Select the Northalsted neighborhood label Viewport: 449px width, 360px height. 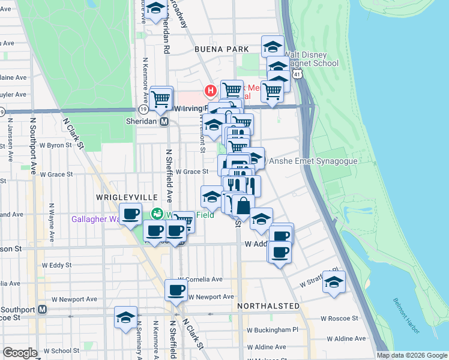click(x=268, y=306)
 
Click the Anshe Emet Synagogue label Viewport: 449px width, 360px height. click(x=313, y=161)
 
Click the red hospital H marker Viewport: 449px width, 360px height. click(x=211, y=91)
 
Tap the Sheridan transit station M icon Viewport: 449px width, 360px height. click(x=163, y=121)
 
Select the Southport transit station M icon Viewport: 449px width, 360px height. click(x=42, y=310)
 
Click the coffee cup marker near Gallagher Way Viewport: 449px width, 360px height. click(x=130, y=214)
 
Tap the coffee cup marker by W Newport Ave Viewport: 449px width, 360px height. click(x=176, y=290)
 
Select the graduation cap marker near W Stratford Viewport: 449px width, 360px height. click(x=334, y=282)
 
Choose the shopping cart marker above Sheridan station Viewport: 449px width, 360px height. click(x=161, y=98)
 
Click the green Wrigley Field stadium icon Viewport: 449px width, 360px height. click(x=157, y=213)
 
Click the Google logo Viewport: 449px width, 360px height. click(x=20, y=353)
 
